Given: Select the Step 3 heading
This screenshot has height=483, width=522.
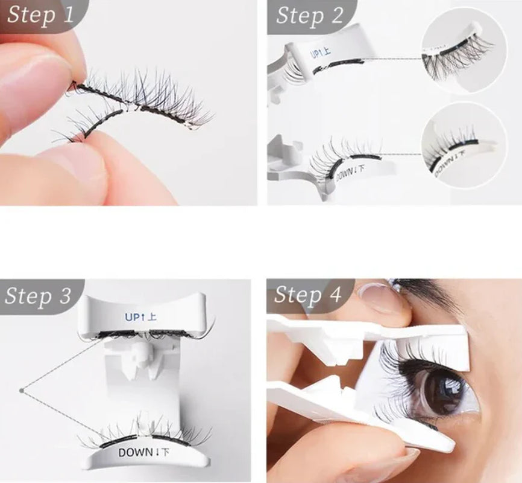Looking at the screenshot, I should pos(38,296).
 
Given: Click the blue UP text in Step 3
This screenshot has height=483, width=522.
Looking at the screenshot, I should pos(140,316).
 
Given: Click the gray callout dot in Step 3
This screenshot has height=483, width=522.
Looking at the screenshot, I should pos(22,391).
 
